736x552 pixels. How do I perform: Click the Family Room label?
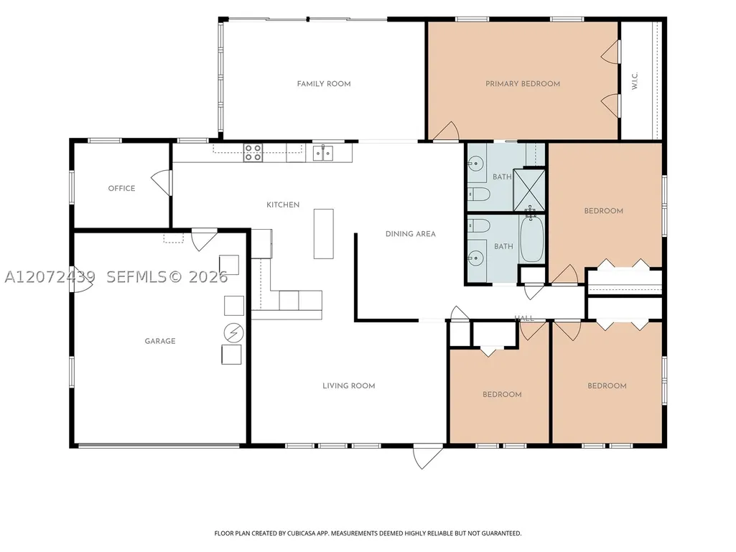(x=324, y=84)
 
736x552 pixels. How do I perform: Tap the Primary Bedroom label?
(x=523, y=84)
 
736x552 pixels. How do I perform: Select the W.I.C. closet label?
(x=635, y=80)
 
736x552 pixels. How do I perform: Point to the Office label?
(x=121, y=188)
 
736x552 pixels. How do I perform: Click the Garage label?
(x=160, y=341)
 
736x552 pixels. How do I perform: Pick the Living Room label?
(x=349, y=386)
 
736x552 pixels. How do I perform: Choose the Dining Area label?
(x=411, y=234)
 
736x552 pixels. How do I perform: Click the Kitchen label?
(x=283, y=205)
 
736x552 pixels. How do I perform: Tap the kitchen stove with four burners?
(x=253, y=153)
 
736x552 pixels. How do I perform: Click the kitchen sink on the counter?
(x=323, y=153)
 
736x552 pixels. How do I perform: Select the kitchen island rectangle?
(x=324, y=234)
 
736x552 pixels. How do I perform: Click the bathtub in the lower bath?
(x=531, y=239)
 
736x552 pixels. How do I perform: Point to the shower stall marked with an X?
(x=529, y=190)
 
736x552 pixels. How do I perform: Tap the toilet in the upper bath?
(x=479, y=193)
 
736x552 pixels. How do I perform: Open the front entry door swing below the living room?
(x=427, y=457)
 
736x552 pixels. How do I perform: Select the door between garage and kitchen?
(x=203, y=239)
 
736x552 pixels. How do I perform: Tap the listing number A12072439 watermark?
(x=50, y=277)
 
